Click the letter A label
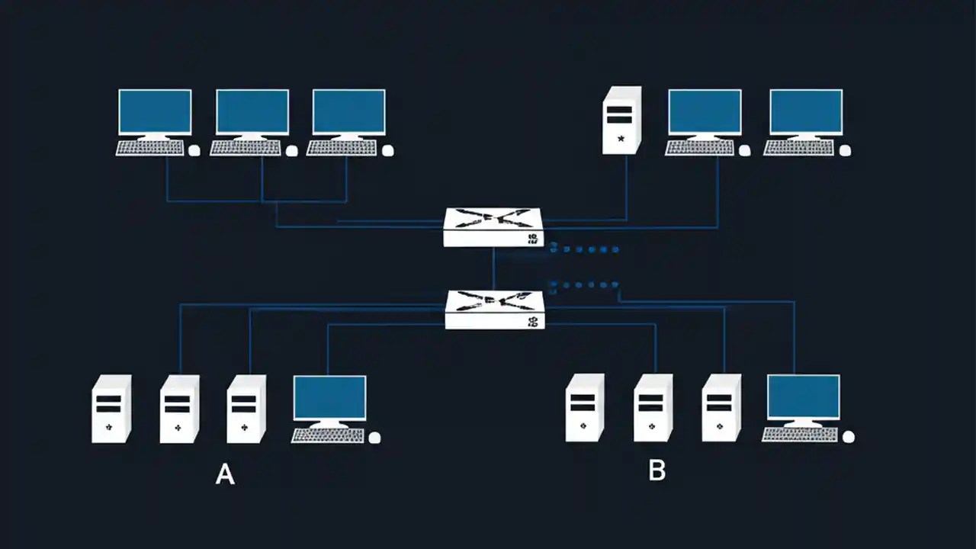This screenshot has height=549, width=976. pos(225,474)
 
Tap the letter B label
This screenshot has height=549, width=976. pos(657,470)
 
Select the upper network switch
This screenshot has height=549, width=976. pos(493,227)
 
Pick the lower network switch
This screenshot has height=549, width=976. pos(495,310)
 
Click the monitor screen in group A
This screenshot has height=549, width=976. pos(329,397)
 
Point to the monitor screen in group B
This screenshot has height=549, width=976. pos(803,396)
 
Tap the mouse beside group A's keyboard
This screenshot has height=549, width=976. pos(374,438)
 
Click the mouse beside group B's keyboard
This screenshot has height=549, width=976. pos(848,437)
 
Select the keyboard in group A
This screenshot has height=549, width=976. pos(328,435)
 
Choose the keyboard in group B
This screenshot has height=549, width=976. pos(799,435)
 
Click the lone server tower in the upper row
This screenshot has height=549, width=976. pos(621,120)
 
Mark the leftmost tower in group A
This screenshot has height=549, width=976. pos(111,409)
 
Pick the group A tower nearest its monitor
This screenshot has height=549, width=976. pos(246,409)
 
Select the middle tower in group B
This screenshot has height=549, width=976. pos(653,408)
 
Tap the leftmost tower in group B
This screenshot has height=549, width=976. pos(585,408)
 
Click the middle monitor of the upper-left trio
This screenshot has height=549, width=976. pos(252,112)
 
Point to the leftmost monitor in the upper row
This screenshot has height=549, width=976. pos(155,112)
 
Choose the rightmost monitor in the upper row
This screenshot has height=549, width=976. pos(806,112)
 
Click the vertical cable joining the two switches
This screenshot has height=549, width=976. pos(493,268)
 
